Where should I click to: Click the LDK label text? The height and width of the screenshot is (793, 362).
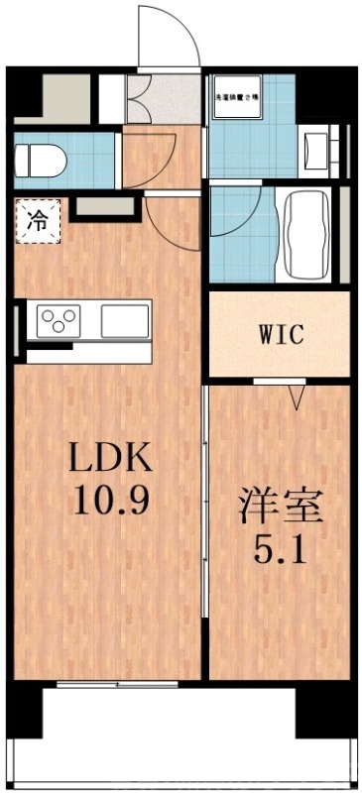coord(109,459)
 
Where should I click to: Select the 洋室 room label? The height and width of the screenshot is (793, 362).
coord(280,509)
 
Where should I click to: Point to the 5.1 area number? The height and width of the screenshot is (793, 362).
coord(280,548)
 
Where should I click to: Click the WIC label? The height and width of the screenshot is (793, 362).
coord(279,334)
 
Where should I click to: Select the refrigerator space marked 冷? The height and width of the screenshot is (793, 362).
coord(37,219)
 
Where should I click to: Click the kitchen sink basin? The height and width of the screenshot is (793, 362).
coord(122,320)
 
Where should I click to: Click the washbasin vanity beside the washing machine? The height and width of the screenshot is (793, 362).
coord(317,151)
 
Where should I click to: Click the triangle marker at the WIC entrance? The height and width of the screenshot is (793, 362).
coord(296,398)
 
